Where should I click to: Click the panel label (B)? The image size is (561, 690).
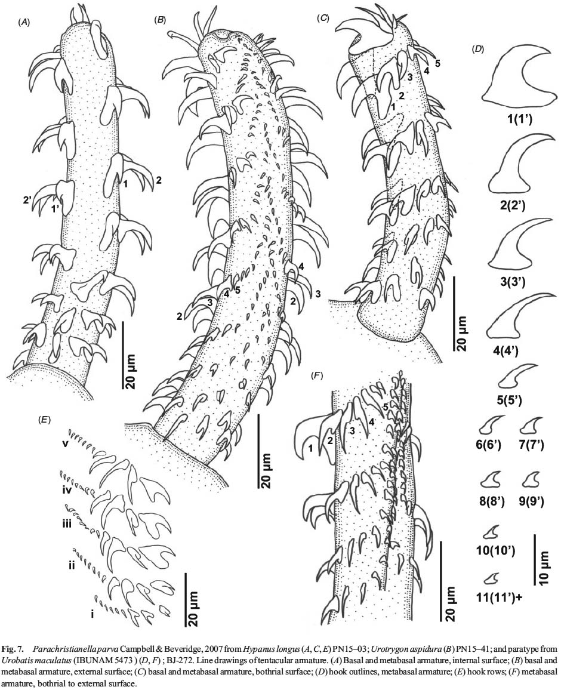[160, 20]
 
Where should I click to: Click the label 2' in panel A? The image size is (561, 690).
[28, 199]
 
